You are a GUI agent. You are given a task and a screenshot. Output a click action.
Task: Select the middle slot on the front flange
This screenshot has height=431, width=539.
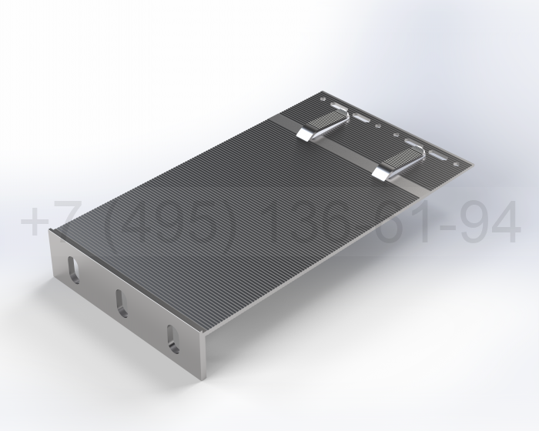click(122, 302)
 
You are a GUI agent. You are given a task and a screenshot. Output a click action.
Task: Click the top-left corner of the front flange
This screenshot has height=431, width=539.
click(51, 231)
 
